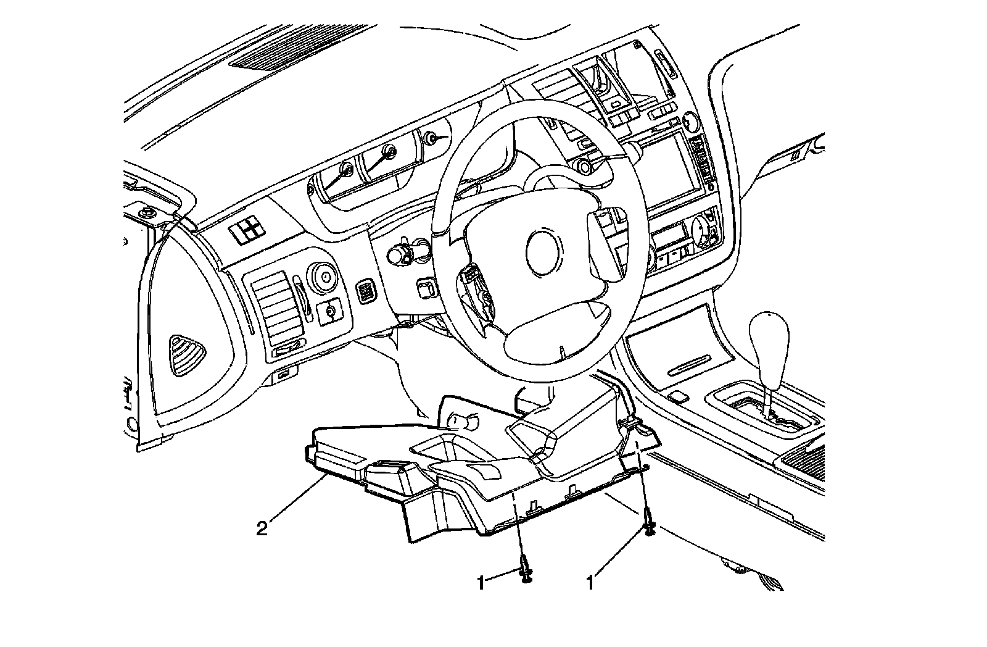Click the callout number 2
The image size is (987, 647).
(x=262, y=528)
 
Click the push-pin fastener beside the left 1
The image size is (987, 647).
(x=525, y=570)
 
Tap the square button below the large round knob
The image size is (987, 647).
(x=330, y=311)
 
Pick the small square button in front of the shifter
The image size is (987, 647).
(x=679, y=395)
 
